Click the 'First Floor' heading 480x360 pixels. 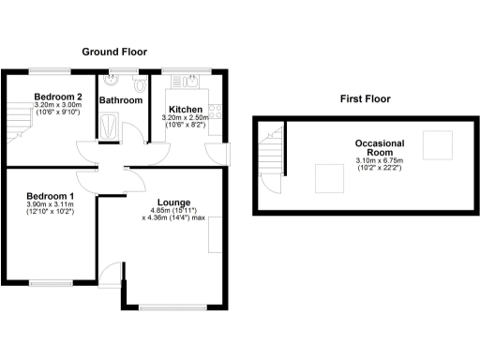coord(365,98)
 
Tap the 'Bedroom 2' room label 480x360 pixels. coord(58,97)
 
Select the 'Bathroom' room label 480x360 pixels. coord(122,100)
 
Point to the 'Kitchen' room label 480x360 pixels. coord(185,109)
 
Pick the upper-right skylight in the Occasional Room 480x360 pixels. coord(437,144)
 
